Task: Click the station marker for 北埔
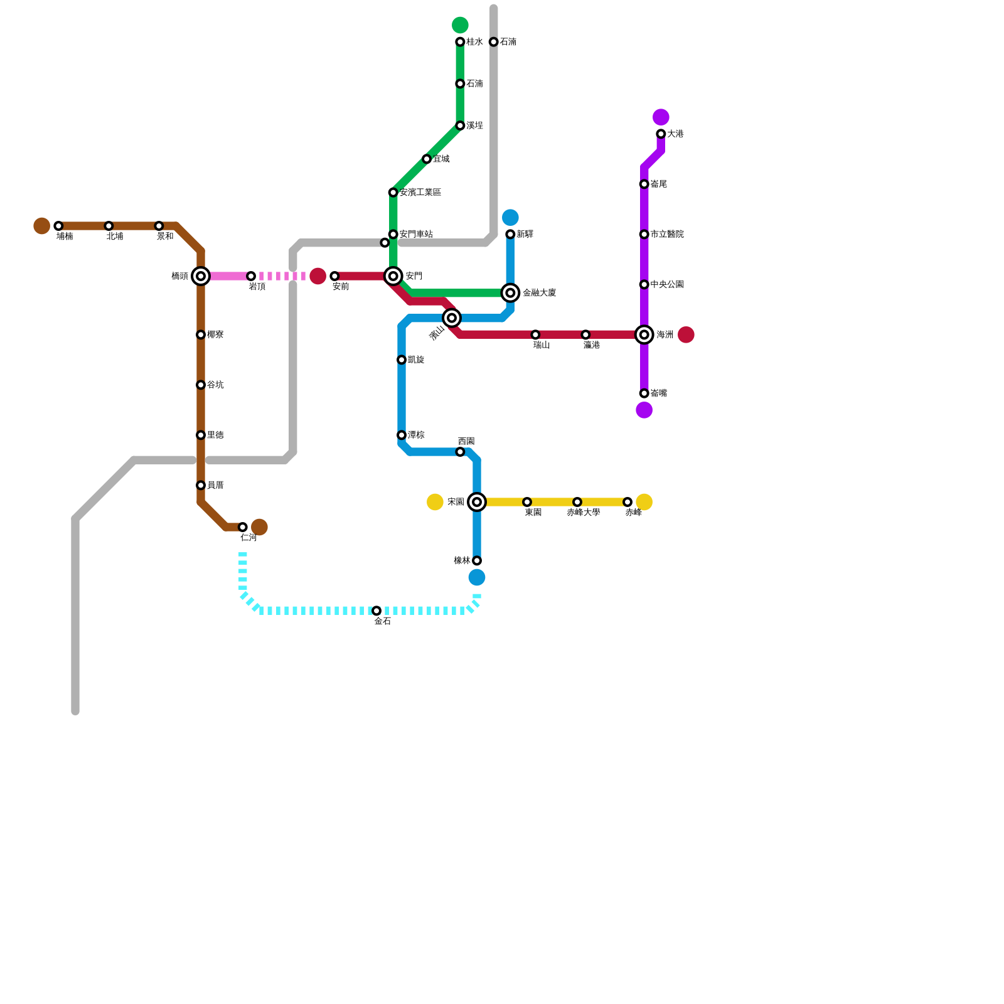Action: click(109, 226)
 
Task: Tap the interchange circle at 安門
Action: click(393, 276)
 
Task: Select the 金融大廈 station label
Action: click(539, 293)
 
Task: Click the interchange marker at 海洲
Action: click(644, 335)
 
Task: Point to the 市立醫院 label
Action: click(666, 235)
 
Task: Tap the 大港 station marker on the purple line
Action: click(661, 134)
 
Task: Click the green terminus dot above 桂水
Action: click(460, 25)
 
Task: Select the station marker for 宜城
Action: click(427, 159)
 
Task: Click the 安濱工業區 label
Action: click(420, 193)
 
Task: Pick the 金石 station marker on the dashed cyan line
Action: click(376, 611)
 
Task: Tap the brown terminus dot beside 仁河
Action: click(260, 527)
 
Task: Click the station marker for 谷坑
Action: click(201, 385)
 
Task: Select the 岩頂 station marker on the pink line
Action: click(251, 276)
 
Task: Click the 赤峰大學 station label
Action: click(583, 513)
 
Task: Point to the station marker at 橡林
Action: click(477, 560)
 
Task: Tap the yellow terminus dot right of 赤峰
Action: click(644, 502)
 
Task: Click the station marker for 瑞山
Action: click(535, 335)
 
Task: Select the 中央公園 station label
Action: click(666, 285)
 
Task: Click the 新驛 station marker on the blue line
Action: click(511, 235)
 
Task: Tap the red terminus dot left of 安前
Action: click(318, 276)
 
